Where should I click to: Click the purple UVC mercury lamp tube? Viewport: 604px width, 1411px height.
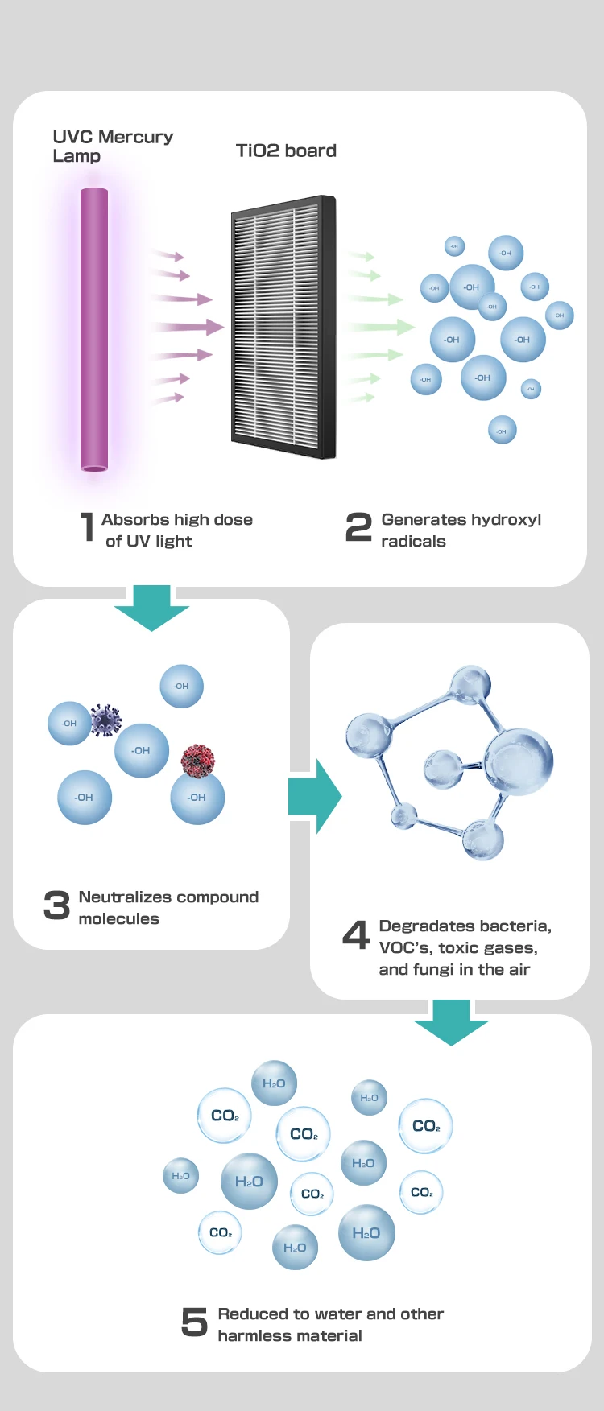point(94,329)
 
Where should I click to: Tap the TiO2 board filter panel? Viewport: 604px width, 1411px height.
point(283,327)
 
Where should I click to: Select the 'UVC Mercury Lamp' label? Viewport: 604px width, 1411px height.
point(113,146)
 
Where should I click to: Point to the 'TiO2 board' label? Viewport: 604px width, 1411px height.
point(286,151)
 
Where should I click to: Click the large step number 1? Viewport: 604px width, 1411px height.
point(87,528)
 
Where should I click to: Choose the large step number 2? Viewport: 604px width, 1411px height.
point(358,528)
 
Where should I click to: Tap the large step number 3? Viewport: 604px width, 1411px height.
point(56,906)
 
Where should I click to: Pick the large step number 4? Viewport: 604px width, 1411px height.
point(356,935)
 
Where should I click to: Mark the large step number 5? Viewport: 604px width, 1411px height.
point(194,1322)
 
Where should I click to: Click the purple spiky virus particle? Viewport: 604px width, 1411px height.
point(105,720)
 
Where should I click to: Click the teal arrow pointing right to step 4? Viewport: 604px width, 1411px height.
point(315,796)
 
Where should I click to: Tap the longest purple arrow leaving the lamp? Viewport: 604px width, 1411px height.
point(187,327)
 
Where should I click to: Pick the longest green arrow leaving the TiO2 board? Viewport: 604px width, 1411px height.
point(378,327)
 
